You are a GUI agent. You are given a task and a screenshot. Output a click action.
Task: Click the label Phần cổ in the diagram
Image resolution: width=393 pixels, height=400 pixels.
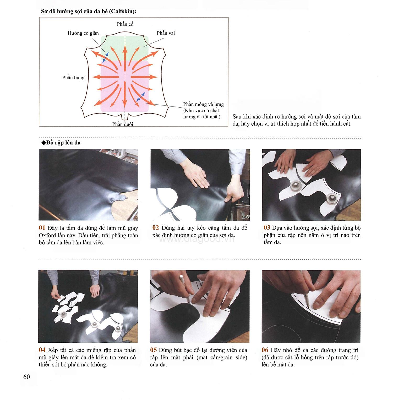(x=125, y=24)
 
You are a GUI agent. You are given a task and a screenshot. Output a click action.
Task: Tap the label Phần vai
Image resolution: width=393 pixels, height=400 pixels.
(x=166, y=33)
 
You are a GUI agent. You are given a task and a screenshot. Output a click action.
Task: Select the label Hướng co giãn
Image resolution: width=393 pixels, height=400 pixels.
(x=83, y=33)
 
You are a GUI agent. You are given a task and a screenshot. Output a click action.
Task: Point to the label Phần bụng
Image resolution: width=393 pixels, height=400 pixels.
(x=73, y=77)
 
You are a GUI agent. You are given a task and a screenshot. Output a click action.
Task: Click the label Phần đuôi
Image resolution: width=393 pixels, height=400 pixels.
(x=123, y=124)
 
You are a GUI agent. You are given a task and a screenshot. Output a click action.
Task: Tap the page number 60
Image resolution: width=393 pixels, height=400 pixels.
(x=26, y=377)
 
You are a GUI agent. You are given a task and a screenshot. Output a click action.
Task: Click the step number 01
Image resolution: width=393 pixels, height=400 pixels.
(x=42, y=228)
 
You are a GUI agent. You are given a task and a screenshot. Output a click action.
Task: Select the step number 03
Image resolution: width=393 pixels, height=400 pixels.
(x=267, y=228)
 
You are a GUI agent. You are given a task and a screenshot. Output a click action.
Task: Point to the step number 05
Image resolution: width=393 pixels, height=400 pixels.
(x=154, y=350)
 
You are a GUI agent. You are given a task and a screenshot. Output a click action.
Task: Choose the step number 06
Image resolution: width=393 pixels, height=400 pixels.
(x=265, y=350)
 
